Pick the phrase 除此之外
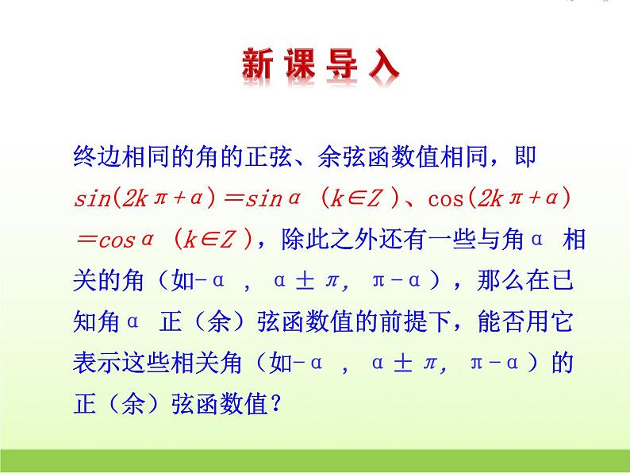(x=321, y=240)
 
